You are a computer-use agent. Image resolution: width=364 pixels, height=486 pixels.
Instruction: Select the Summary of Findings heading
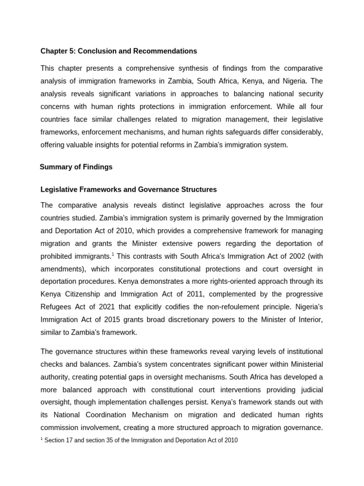[76, 167]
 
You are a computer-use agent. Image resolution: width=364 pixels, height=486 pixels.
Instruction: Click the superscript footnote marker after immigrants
[112, 253]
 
